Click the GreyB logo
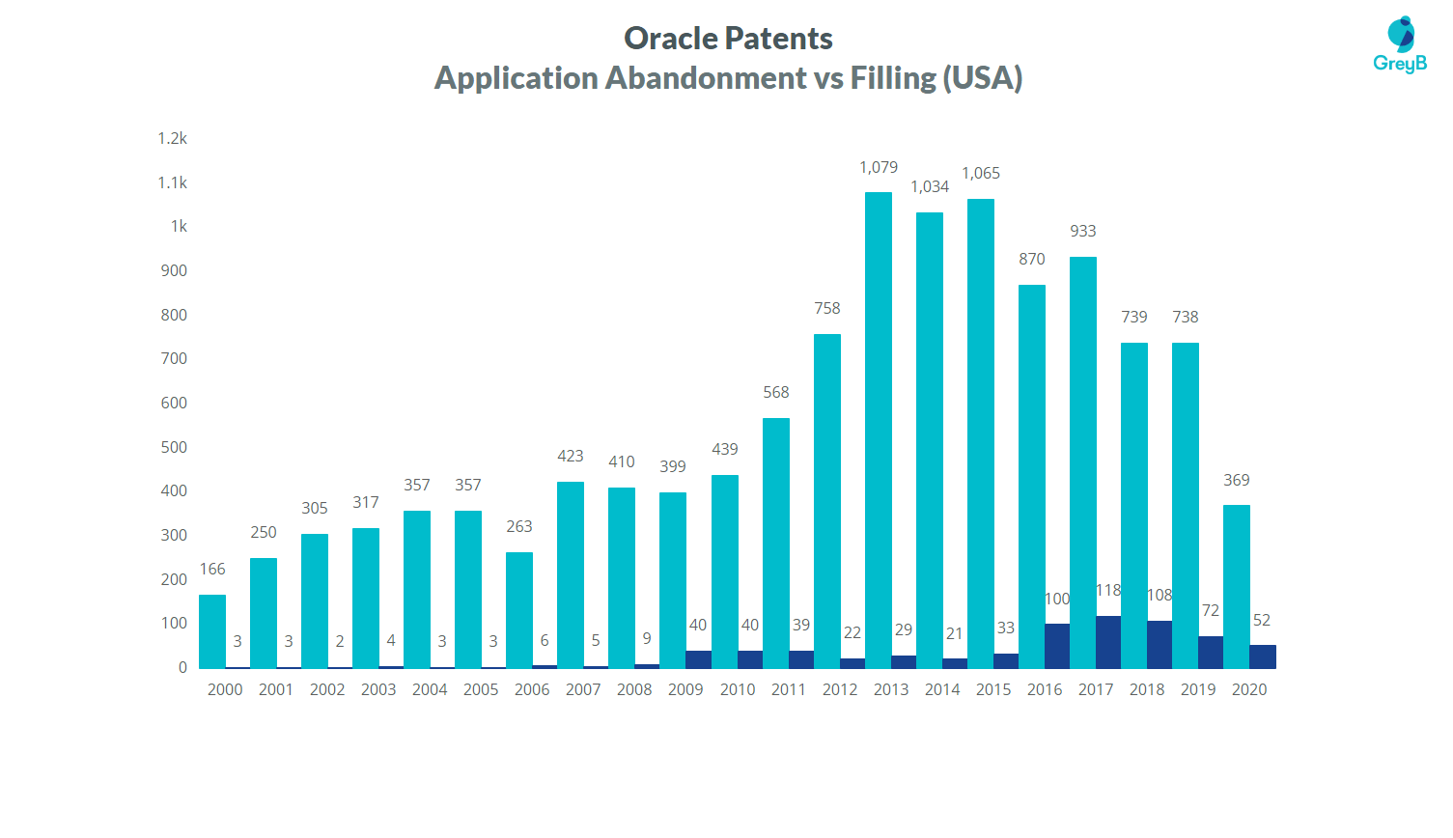pyautogui.click(x=1400, y=45)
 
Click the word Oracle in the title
pyautogui.click(x=671, y=39)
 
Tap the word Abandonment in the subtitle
pyautogui.click(x=706, y=78)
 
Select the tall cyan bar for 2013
pyautogui.click(x=879, y=430)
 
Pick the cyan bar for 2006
pyautogui.click(x=519, y=609)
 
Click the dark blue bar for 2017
pyautogui.click(x=1108, y=642)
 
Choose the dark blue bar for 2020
pyautogui.click(x=1262, y=656)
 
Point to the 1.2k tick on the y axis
pyautogui.click(x=173, y=139)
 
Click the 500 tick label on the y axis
pyautogui.click(x=174, y=447)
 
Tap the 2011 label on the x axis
pyautogui.click(x=788, y=689)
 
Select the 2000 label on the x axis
pyautogui.click(x=225, y=689)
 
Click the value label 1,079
pyautogui.click(x=879, y=168)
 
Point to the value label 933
pyautogui.click(x=1083, y=232)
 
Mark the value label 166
pyautogui.click(x=212, y=570)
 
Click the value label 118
pyautogui.click(x=1108, y=591)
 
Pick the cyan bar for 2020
pyautogui.click(x=1237, y=586)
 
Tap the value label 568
pyautogui.click(x=776, y=393)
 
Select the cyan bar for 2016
pyautogui.click(x=1032, y=476)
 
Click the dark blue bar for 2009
pyautogui.click(x=698, y=659)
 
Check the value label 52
pyautogui.click(x=1262, y=621)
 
